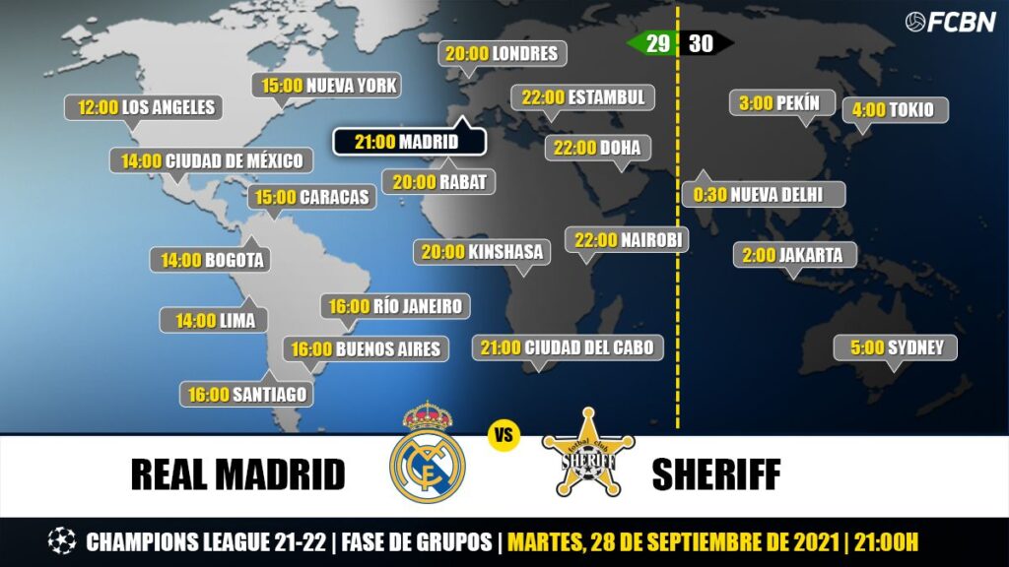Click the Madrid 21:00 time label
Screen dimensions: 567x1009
[x=408, y=142]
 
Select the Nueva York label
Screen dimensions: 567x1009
[x=329, y=86]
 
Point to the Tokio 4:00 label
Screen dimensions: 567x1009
[x=894, y=109]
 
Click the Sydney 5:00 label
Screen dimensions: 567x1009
[x=896, y=347]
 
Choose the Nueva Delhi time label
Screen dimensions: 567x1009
[x=763, y=194]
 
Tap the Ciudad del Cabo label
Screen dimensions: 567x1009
[x=567, y=347]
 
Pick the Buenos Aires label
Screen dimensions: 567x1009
[x=366, y=348]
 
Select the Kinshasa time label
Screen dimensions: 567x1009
[x=482, y=252]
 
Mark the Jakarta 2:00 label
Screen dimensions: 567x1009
[x=793, y=255]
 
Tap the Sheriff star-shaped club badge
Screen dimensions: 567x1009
[x=588, y=455]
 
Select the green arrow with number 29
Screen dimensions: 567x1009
[x=651, y=43]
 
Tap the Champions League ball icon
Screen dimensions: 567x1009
[x=61, y=541]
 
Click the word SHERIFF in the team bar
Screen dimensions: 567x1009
[x=715, y=474]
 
